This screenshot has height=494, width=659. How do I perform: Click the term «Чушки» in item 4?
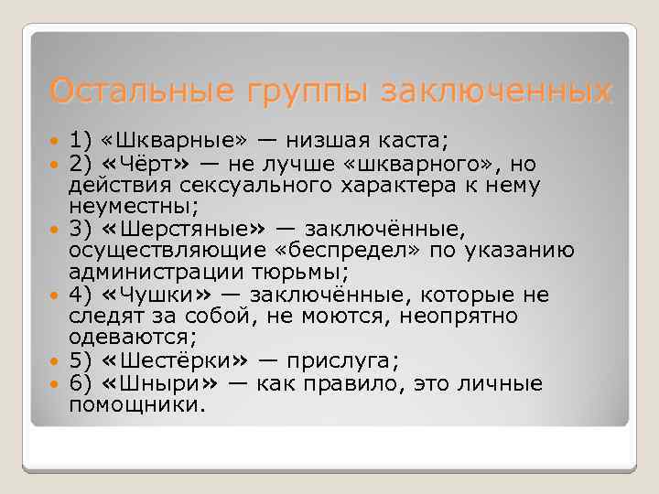click(x=158, y=295)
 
